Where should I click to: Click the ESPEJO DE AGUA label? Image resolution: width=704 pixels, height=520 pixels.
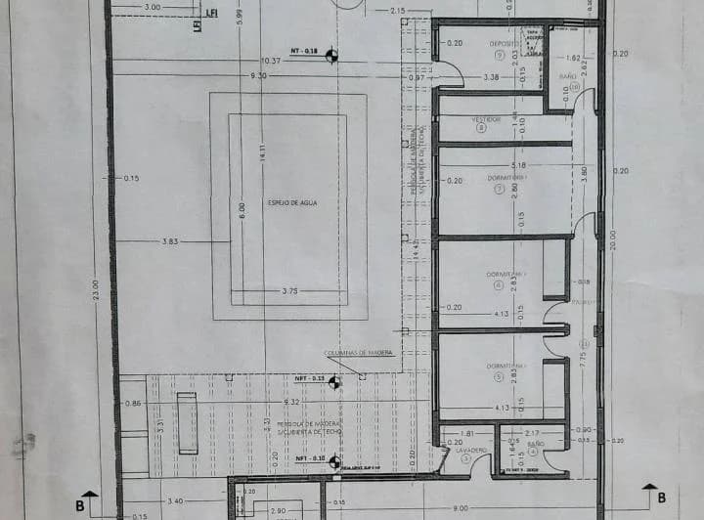click(289, 203)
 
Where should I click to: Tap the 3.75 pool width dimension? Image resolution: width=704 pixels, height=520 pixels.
click(289, 291)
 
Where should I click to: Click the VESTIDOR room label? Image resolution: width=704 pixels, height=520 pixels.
click(486, 119)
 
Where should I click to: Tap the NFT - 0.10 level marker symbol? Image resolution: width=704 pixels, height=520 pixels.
click(334, 459)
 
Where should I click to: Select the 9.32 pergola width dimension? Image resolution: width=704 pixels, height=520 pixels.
click(291, 402)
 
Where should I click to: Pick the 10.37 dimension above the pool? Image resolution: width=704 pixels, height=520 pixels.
click(270, 61)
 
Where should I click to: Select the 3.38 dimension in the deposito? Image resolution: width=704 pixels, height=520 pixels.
click(491, 76)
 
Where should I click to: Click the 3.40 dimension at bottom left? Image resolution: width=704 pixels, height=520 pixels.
click(177, 498)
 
